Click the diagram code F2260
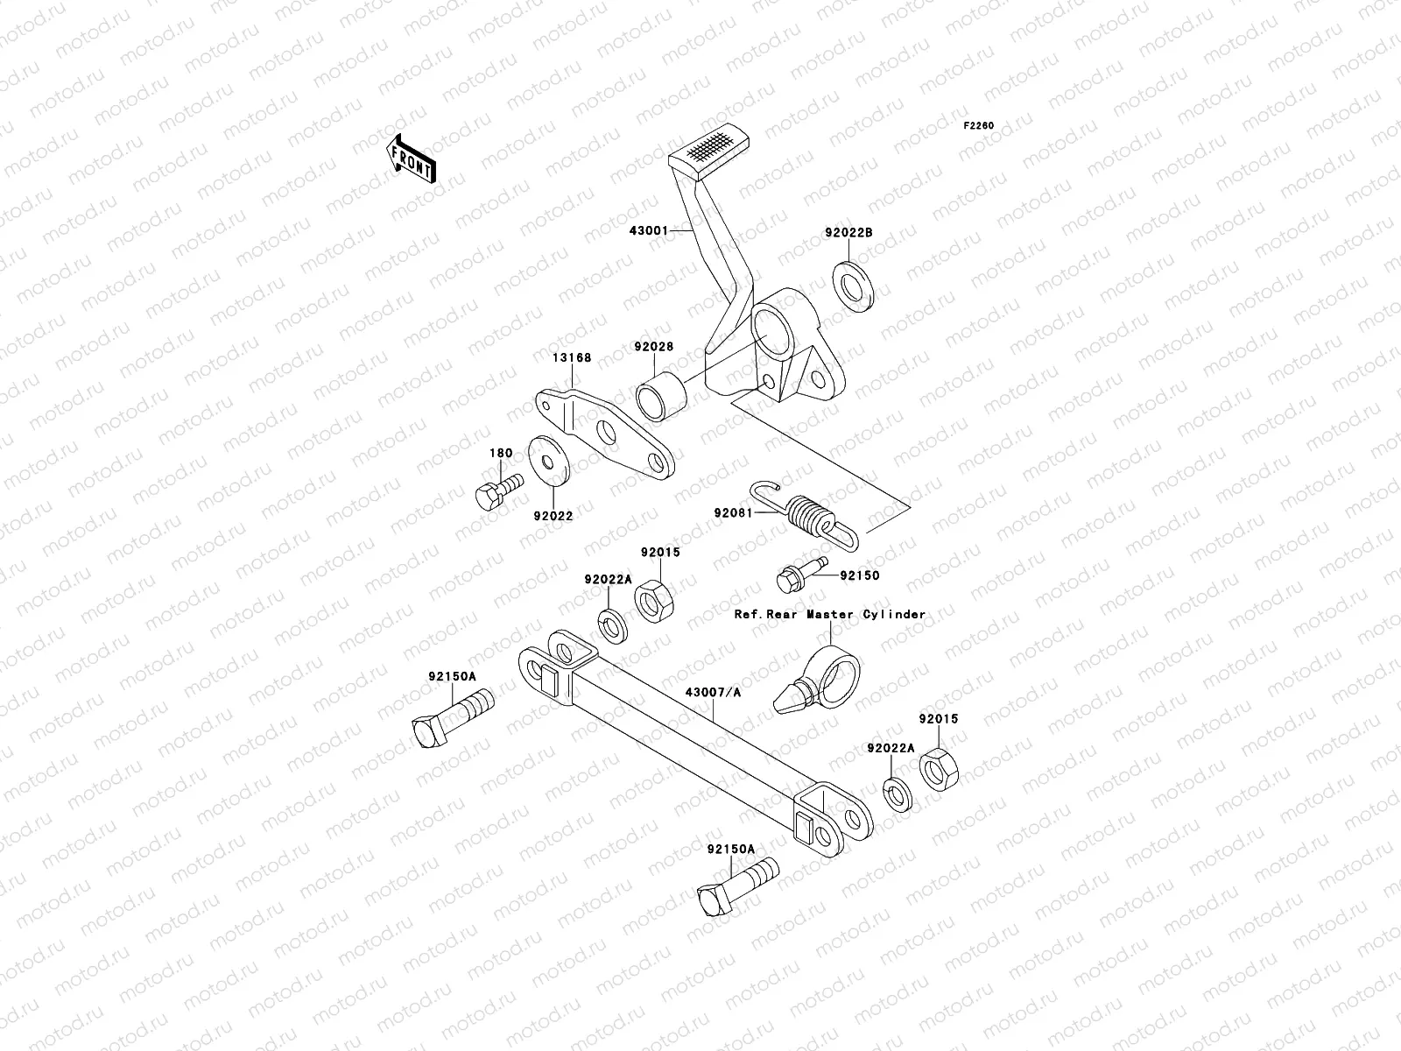[979, 126]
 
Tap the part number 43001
[647, 207]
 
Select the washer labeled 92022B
[851, 279]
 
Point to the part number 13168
[571, 357]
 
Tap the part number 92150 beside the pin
[859, 575]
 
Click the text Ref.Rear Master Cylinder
[829, 614]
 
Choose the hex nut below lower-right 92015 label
[938, 766]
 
